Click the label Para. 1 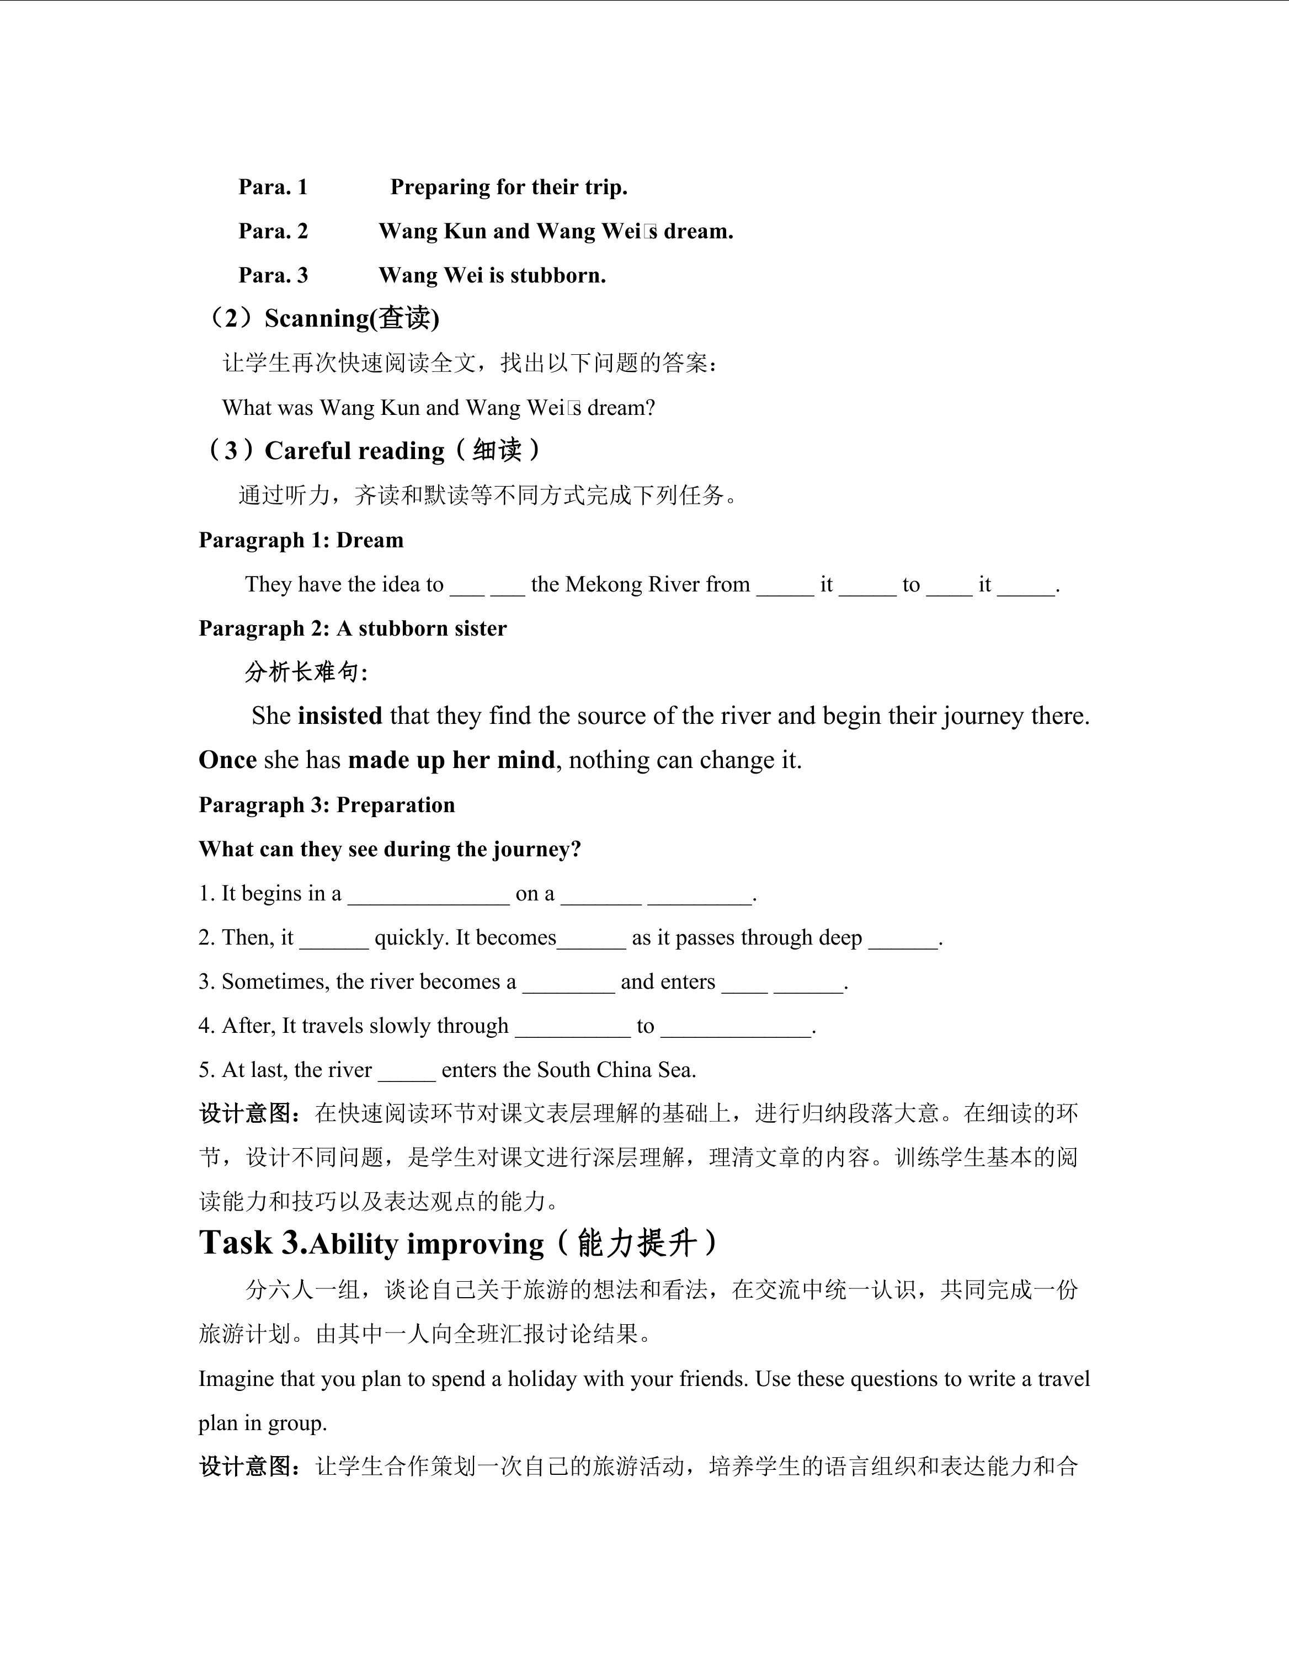click(273, 186)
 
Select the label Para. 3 click(273, 275)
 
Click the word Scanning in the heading click(317, 318)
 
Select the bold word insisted click(340, 716)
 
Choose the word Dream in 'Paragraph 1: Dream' click(370, 541)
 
